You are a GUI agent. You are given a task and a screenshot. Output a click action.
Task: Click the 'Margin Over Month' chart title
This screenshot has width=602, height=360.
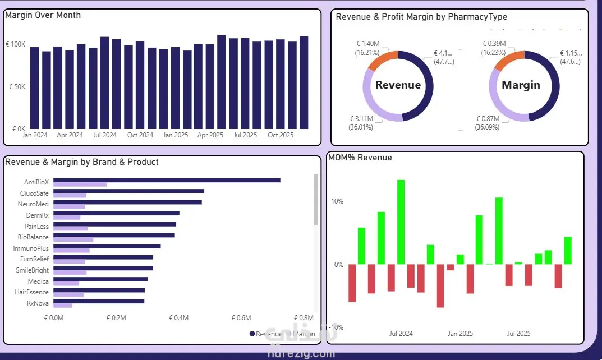43,15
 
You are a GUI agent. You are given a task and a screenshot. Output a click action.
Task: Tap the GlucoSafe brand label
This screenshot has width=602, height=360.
34,193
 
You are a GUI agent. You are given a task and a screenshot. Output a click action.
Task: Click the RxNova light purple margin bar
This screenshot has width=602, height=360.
63,306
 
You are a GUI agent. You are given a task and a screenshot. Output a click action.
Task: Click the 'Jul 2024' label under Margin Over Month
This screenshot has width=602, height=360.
105,135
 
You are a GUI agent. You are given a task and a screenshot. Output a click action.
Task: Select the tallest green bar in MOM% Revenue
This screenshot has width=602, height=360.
401,221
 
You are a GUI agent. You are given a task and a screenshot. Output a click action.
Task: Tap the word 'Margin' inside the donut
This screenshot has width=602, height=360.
521,85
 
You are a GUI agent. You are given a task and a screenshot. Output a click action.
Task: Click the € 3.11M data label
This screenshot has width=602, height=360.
361,119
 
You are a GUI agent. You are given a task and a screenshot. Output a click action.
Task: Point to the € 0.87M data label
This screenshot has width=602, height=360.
487,119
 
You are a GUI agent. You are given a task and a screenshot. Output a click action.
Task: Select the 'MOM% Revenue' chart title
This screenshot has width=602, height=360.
360,158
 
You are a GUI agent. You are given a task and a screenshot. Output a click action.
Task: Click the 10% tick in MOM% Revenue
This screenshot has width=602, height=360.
336,201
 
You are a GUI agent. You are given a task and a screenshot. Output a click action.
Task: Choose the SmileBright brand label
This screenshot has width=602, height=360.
32,270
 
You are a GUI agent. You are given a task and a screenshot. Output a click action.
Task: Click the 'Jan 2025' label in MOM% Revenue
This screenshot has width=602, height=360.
460,334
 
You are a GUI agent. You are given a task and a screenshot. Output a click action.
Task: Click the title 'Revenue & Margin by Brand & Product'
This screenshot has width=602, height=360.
81,162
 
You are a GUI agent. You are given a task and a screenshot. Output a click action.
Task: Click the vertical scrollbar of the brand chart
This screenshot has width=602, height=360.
315,199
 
